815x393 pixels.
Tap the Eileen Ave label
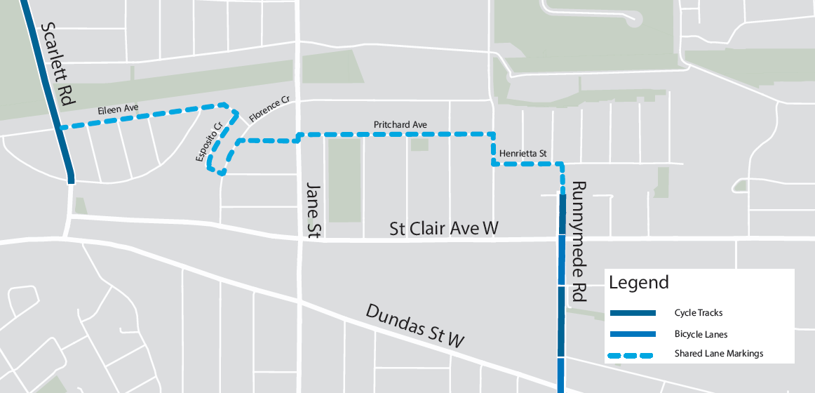[x=118, y=109]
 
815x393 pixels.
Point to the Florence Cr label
[x=269, y=112]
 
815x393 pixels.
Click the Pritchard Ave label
[x=400, y=125]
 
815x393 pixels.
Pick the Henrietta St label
[x=523, y=153]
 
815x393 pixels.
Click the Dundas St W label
[x=415, y=326]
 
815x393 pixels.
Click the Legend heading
[x=638, y=283]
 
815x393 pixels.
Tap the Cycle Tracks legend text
[x=698, y=313]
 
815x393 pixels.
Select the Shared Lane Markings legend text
[x=718, y=354]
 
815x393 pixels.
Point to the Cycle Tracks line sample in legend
[x=632, y=313]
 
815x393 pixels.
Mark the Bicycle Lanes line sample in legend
[x=632, y=334]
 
